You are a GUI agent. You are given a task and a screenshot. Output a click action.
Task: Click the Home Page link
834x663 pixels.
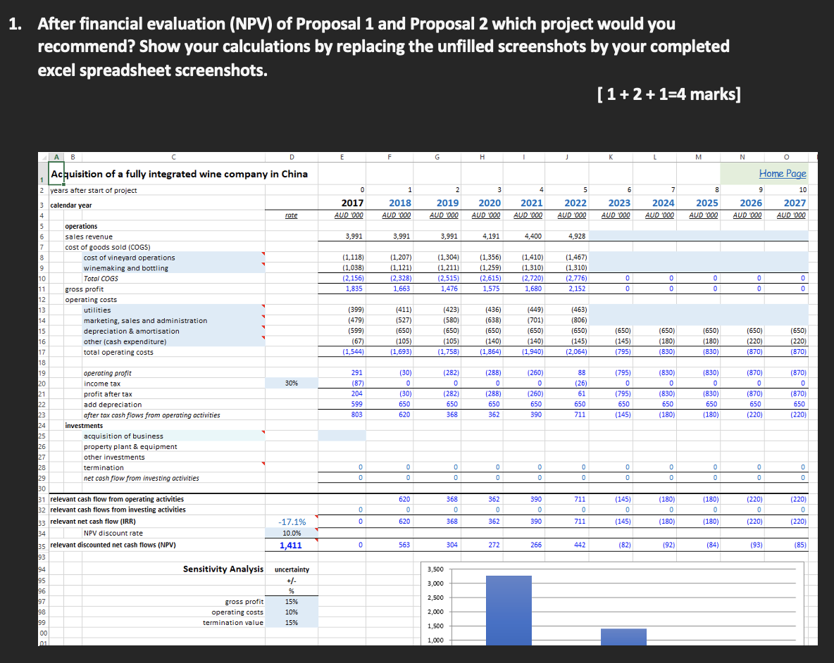pyautogui.click(x=782, y=173)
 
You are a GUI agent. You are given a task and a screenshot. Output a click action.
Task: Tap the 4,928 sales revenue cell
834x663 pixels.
pyautogui.click(x=576, y=236)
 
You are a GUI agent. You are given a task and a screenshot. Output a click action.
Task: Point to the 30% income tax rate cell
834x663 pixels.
pyautogui.click(x=291, y=384)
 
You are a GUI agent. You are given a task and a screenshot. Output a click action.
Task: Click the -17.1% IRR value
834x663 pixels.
pyautogui.click(x=292, y=522)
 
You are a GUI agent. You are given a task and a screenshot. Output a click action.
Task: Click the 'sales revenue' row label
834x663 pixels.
pyautogui.click(x=89, y=236)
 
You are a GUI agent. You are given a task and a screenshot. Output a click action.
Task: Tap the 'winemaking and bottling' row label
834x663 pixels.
pyautogui.click(x=125, y=268)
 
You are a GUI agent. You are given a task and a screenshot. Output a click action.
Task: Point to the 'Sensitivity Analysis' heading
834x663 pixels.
pyautogui.click(x=223, y=569)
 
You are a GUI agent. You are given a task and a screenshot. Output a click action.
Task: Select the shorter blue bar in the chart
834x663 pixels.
pyautogui.click(x=623, y=636)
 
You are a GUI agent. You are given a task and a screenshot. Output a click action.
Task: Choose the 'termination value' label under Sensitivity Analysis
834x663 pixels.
pyautogui.click(x=232, y=623)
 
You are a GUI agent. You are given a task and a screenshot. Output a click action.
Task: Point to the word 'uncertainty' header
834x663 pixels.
pyautogui.click(x=292, y=569)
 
